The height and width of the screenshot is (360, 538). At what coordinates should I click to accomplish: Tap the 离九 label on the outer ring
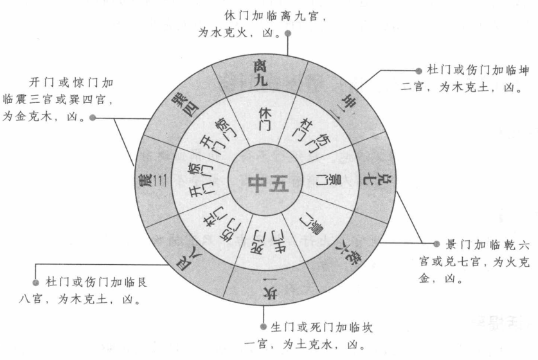click(x=260, y=73)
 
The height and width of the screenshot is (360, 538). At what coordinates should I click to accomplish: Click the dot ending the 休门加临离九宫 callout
click(x=287, y=51)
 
